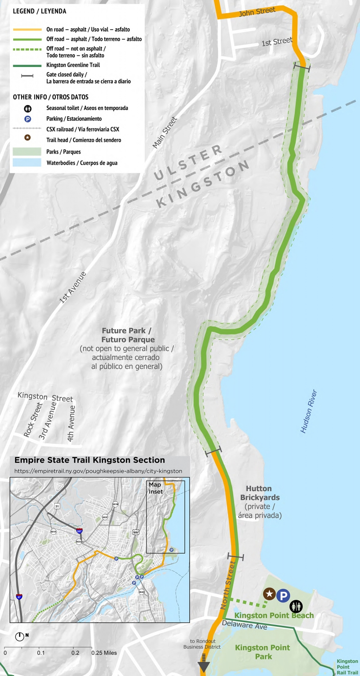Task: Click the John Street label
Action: [x=257, y=11]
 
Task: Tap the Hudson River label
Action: [x=309, y=411]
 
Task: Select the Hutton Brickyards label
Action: [x=259, y=493]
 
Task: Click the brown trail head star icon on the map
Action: [x=269, y=594]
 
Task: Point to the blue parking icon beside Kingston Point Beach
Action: [x=283, y=596]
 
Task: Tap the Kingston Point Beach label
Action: [x=274, y=615]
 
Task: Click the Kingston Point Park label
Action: [x=262, y=652]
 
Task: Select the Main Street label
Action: [x=164, y=132]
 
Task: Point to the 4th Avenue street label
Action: [x=71, y=423]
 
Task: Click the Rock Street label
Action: [x=33, y=425]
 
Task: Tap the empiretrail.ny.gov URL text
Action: [x=98, y=471]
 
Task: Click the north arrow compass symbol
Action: [x=20, y=636]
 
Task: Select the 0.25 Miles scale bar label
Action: [x=104, y=653]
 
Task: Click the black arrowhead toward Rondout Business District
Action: [x=203, y=666]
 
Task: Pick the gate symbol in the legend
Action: [x=27, y=76]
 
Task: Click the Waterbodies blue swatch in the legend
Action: [x=27, y=163]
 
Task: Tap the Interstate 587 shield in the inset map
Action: [x=79, y=532]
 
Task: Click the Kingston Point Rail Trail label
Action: [x=347, y=667]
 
